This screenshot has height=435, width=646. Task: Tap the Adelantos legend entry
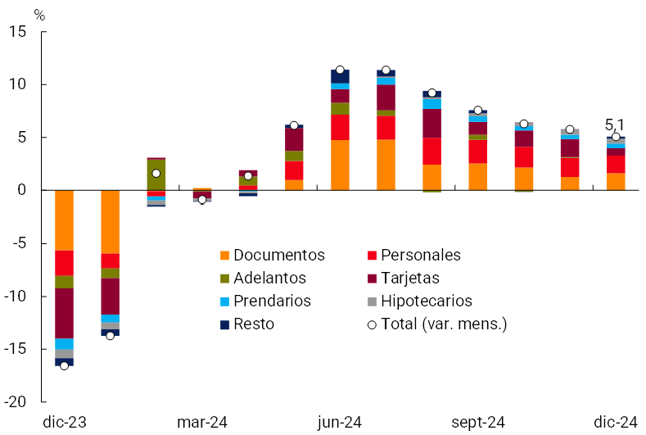[x=269, y=279]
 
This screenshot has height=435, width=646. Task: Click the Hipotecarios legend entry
[x=426, y=301]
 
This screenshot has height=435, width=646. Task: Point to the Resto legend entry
[x=253, y=324]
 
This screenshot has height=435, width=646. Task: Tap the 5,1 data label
[x=615, y=125]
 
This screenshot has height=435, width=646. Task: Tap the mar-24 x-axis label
[x=202, y=422]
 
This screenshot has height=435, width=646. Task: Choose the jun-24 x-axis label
[x=340, y=422]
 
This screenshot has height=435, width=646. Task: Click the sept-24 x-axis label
[x=478, y=422]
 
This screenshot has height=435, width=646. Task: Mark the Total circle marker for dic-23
[x=64, y=365]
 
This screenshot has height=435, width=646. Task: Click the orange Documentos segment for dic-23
[x=64, y=220]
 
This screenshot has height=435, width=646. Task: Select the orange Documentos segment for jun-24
[x=340, y=165]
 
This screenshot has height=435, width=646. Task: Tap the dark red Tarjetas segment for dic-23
[x=64, y=313]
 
